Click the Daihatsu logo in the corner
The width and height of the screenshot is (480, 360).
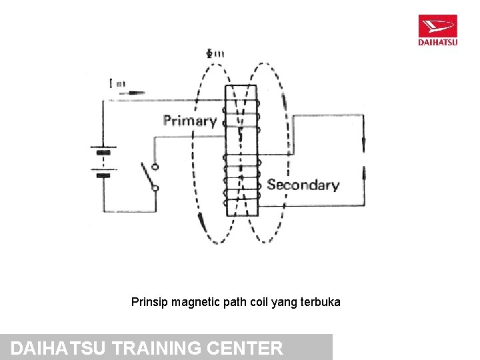click(437, 30)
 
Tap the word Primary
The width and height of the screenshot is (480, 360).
click(190, 121)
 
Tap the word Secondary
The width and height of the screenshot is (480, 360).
click(303, 185)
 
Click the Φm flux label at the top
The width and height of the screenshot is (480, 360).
click(215, 53)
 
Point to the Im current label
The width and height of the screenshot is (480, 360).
click(117, 83)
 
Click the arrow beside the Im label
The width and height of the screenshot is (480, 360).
click(137, 93)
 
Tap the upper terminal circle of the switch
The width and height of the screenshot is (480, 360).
click(155, 167)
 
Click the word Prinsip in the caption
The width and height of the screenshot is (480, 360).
click(150, 302)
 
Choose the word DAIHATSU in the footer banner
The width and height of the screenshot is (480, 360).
click(60, 348)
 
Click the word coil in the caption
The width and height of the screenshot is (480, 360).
click(259, 302)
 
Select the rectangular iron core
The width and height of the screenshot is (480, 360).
click(241, 150)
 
